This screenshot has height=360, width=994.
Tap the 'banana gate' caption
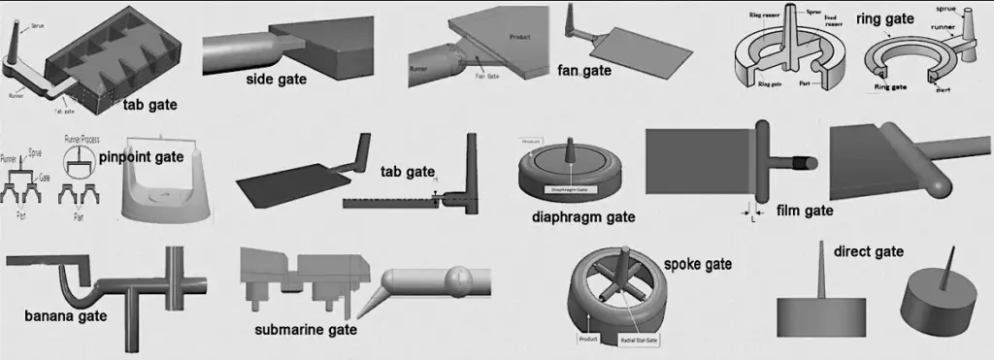pos(66,315)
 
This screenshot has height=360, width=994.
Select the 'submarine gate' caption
pos(306,330)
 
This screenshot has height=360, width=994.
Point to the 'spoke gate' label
pos(697,263)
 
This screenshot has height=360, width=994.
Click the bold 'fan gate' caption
pos(584,70)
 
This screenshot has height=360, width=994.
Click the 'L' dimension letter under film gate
pos(752,218)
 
